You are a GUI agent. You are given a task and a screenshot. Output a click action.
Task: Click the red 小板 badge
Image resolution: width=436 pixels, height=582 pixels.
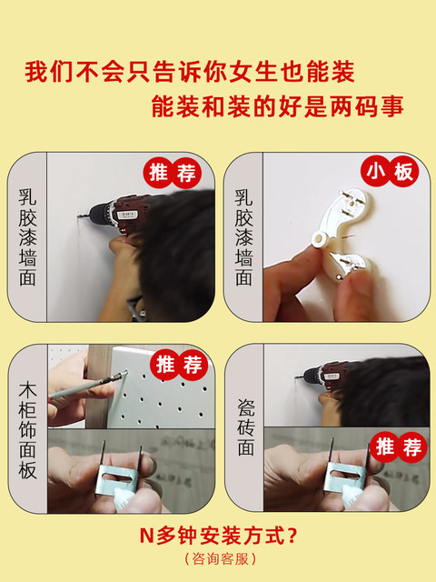(x=390, y=172)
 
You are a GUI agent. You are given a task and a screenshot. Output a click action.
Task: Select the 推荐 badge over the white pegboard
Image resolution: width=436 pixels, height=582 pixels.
(x=179, y=365)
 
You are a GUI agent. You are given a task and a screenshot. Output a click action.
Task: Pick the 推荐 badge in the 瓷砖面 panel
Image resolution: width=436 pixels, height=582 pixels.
(x=399, y=447)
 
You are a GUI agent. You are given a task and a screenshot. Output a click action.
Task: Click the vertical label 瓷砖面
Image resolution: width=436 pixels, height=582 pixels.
(x=245, y=427)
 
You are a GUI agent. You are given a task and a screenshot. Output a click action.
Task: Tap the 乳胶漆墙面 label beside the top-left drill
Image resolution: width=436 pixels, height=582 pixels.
(x=27, y=237)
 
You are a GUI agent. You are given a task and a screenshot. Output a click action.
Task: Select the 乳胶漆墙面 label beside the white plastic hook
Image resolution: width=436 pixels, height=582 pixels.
(x=243, y=237)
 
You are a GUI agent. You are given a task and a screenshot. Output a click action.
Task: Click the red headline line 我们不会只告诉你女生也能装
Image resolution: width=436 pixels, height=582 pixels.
(x=190, y=72)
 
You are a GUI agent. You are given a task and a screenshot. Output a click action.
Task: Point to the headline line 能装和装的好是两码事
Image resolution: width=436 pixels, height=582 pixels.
(x=277, y=107)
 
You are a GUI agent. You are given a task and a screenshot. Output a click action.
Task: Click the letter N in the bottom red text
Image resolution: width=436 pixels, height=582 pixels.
(x=146, y=536)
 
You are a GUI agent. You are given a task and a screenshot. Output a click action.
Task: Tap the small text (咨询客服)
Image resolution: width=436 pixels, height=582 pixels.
(x=220, y=558)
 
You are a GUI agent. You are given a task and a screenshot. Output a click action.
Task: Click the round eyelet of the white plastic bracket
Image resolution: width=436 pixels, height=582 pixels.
(x=319, y=238)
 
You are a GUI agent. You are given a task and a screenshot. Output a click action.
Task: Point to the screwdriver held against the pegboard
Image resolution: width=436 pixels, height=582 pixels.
(x=88, y=386)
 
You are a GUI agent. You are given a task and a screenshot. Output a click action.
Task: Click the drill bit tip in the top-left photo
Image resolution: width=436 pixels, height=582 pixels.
(x=78, y=216)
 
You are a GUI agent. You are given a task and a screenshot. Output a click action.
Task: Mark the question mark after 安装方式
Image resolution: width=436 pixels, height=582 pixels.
(x=292, y=536)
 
